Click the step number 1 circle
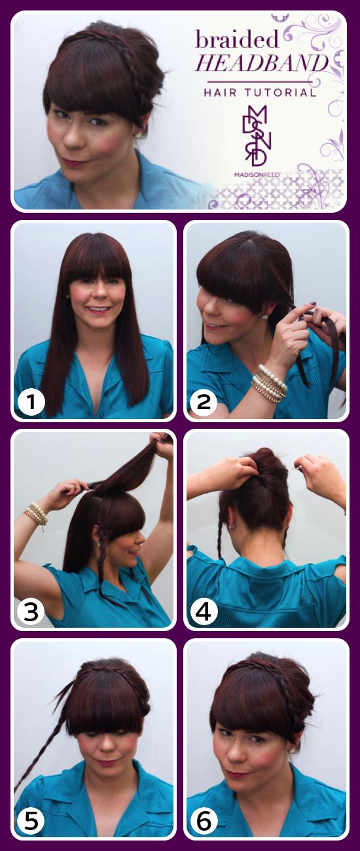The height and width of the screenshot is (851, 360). coord(31,403)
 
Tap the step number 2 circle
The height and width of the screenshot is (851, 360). coord(204,403)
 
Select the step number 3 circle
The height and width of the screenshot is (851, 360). coord(31,612)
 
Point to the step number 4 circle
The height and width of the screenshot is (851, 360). coord(204,612)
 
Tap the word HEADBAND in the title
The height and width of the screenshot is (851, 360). coord(262,64)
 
